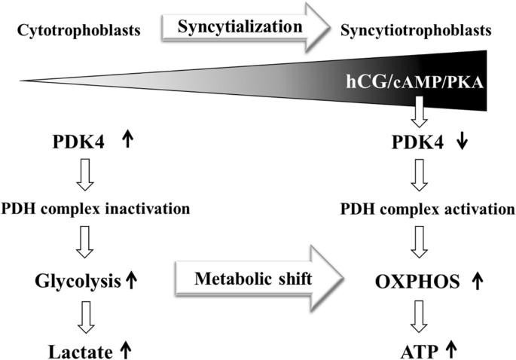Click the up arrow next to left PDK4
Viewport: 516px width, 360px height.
click(x=127, y=141)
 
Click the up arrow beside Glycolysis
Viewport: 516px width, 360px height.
click(x=131, y=281)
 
